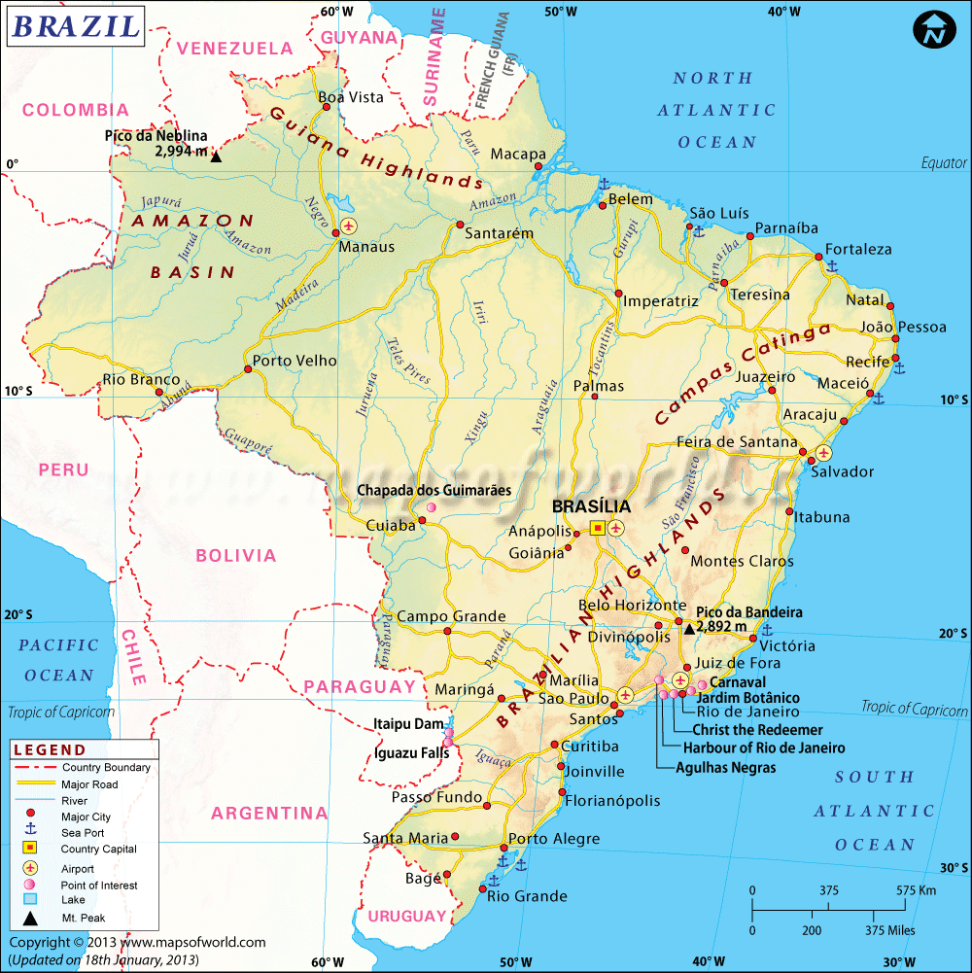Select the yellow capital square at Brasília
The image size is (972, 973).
coord(598,527)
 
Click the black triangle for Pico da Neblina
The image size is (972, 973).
coord(216,156)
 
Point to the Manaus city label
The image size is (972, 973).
coord(365,247)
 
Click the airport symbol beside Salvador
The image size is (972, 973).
coord(824,452)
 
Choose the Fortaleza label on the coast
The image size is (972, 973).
coord(858,249)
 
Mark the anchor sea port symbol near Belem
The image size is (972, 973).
coord(603,184)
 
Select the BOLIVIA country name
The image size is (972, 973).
coord(235,556)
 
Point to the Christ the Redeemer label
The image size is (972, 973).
coord(757,730)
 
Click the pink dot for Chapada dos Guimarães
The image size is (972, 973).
coord(432,507)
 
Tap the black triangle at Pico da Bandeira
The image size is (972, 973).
coord(689,629)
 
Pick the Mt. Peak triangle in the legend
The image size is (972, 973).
coord(31,918)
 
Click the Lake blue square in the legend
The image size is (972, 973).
coord(31,901)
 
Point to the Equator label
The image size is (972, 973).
coord(944,163)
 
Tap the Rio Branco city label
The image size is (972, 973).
coord(141,379)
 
